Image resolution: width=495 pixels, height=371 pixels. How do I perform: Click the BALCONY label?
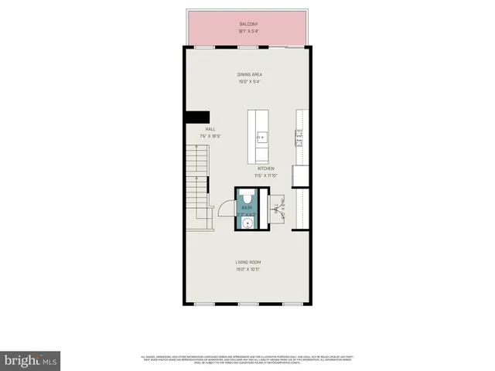[x=247, y=25]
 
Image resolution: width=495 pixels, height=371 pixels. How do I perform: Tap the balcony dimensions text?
[x=247, y=31]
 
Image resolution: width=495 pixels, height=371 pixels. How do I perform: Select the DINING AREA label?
[x=247, y=75]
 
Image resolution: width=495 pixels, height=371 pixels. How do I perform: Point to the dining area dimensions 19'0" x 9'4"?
[x=247, y=81]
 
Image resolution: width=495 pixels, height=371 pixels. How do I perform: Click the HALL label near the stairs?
[x=210, y=129]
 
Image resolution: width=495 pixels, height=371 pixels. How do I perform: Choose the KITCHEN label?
[x=265, y=168]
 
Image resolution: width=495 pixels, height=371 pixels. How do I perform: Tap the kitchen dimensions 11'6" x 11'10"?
[x=265, y=175]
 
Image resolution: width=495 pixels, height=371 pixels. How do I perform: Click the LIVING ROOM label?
[x=247, y=263]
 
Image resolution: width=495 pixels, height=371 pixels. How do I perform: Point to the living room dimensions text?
[x=247, y=269]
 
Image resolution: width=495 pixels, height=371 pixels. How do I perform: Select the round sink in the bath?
[x=247, y=223]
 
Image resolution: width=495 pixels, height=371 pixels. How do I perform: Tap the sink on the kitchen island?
[x=259, y=138]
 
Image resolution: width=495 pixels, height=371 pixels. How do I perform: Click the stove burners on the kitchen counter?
[x=297, y=137]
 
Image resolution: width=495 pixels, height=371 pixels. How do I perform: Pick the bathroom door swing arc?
[x=224, y=209]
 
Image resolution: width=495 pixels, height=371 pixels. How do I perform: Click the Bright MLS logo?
[x=31, y=359]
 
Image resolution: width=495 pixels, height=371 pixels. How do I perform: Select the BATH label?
[x=247, y=209]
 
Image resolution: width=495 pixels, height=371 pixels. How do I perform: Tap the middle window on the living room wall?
[x=247, y=304]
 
